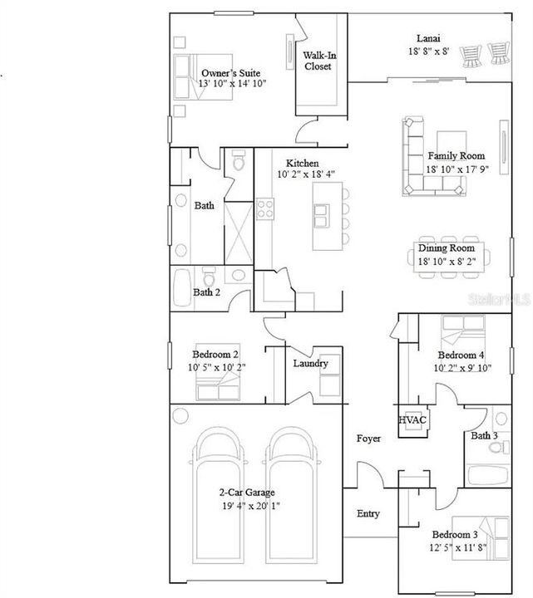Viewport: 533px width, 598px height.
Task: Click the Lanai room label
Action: (x=428, y=38)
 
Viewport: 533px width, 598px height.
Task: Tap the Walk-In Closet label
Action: (x=319, y=61)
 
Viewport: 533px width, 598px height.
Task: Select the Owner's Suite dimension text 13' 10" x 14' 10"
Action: (x=232, y=84)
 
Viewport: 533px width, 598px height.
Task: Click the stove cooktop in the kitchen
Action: (x=265, y=208)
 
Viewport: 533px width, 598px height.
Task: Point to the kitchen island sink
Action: (x=322, y=216)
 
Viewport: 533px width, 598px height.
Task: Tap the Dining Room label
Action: (x=447, y=248)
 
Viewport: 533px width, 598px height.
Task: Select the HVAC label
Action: (x=412, y=420)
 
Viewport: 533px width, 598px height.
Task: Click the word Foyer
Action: (x=368, y=439)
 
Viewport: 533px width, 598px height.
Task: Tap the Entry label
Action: (x=368, y=514)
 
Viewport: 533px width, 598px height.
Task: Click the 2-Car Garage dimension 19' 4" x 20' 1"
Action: (x=251, y=506)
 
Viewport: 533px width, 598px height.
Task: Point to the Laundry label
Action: (x=310, y=364)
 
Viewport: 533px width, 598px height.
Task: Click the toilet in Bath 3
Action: (x=500, y=447)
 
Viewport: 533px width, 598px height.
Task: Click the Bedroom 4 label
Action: (x=461, y=355)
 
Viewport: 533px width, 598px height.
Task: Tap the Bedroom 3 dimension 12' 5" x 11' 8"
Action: (x=458, y=547)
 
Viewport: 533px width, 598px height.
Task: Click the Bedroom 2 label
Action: (x=215, y=355)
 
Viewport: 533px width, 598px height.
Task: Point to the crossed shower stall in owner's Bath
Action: (x=239, y=233)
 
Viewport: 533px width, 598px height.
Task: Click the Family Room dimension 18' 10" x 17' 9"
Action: (x=457, y=169)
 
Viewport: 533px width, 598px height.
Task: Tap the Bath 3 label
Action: (x=484, y=435)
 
